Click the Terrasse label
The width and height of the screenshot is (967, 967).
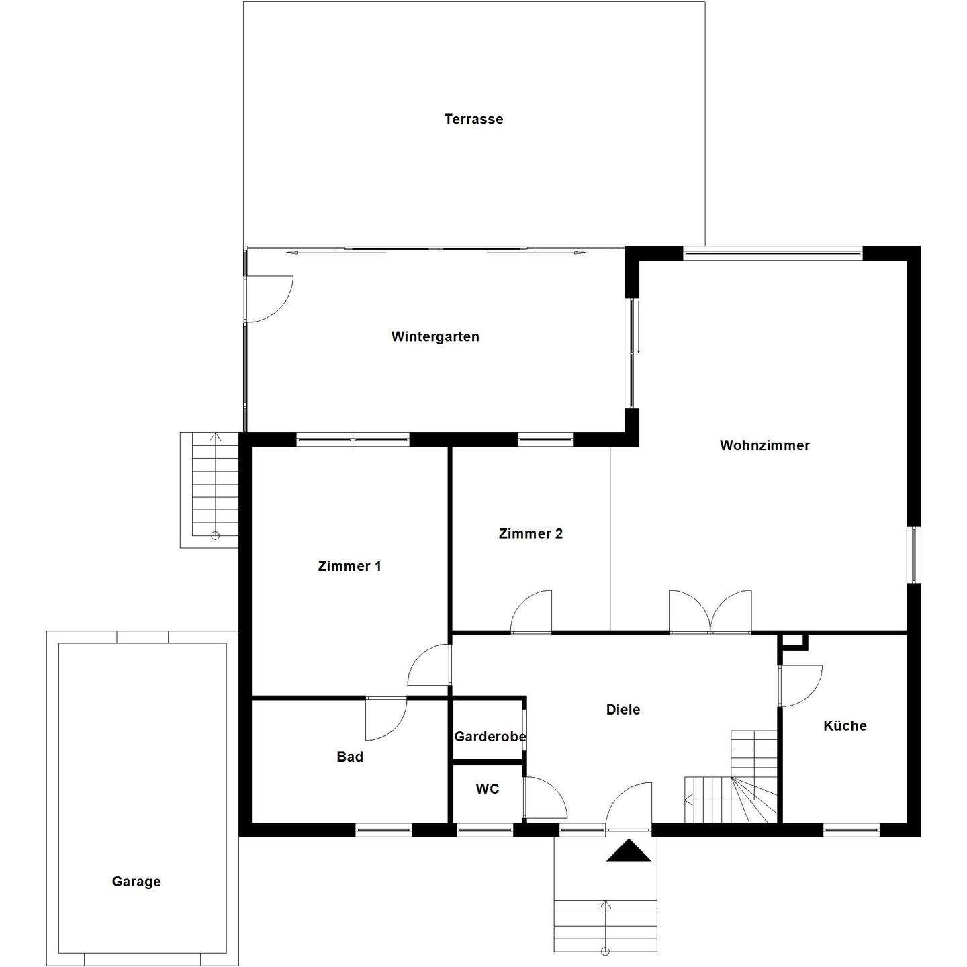473,119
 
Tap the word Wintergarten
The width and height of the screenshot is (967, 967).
435,336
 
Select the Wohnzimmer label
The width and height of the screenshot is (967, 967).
764,445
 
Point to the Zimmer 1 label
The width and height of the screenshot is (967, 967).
349,566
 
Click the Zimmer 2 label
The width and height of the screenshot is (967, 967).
531,533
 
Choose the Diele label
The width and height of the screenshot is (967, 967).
623,709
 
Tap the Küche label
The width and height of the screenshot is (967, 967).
845,725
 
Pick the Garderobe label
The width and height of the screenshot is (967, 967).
490,737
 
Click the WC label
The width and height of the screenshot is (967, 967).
488,789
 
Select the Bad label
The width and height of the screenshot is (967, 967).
349,757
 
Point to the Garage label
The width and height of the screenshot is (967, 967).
136,881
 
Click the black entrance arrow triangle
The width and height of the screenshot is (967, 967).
629,851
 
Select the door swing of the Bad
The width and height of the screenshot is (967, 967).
386,719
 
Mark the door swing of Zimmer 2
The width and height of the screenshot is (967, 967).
532,612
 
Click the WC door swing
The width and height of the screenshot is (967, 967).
545,798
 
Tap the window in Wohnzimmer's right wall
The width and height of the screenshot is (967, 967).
914,555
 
